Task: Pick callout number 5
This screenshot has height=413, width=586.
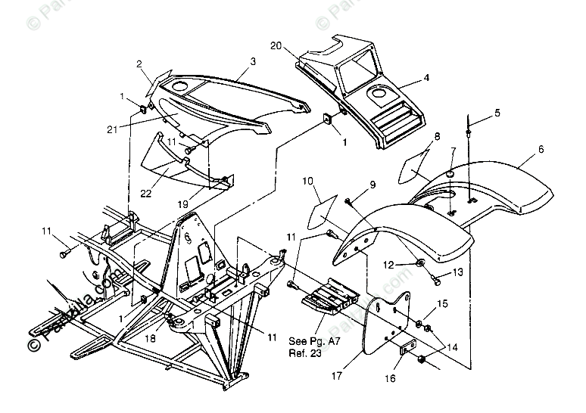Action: (x=497, y=113)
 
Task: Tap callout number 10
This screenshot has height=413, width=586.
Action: (x=309, y=182)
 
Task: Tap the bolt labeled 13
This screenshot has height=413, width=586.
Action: (x=436, y=281)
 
